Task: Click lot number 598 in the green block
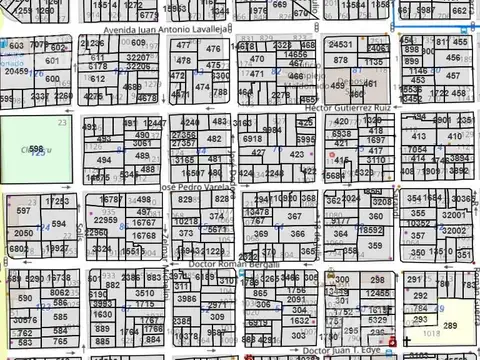(36, 148)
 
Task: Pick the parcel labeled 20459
(16, 72)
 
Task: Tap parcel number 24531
(341, 45)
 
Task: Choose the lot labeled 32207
(137, 59)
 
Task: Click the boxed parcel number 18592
(371, 230)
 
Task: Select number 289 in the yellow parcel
(450, 325)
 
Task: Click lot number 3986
(187, 298)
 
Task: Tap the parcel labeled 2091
(295, 299)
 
